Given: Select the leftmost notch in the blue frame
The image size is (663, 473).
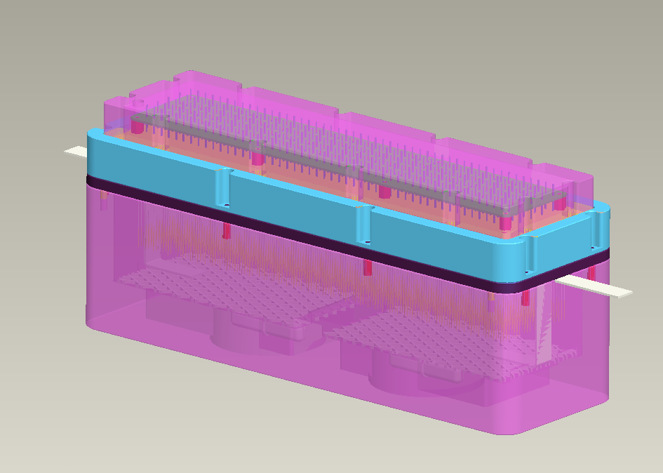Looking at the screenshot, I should coord(223,188).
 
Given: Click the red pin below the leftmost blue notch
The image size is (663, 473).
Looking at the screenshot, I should coord(227,231).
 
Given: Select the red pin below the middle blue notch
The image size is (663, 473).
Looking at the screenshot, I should coord(367,267).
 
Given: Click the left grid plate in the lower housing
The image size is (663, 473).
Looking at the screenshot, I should coord(232,288).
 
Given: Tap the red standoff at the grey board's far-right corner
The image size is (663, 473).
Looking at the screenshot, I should coord(559,204).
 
